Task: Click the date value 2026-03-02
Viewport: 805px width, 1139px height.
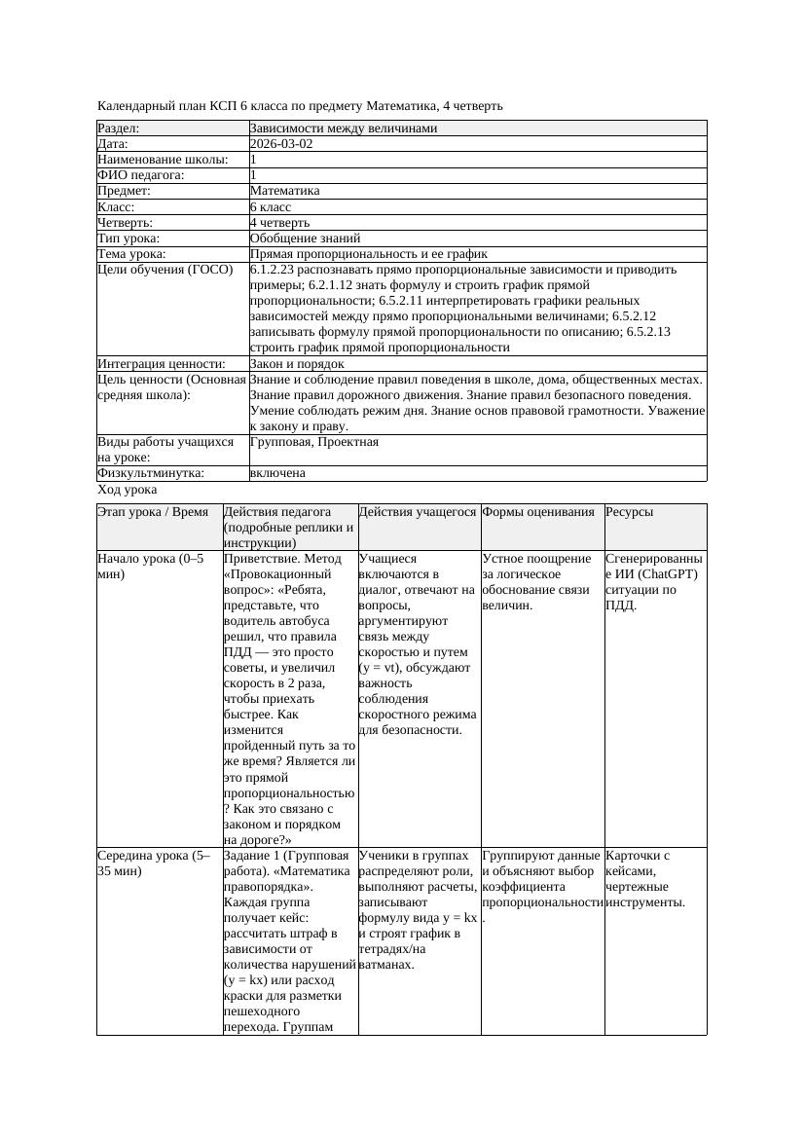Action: pyautogui.click(x=281, y=144)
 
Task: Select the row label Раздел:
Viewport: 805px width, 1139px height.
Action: pyautogui.click(x=119, y=129)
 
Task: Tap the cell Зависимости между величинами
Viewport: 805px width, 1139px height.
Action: pyautogui.click(x=344, y=129)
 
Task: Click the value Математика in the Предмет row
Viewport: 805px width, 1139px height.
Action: pyautogui.click(x=284, y=191)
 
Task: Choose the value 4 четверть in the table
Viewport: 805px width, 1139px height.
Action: pyautogui.click(x=279, y=223)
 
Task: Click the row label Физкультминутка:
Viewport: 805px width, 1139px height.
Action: pyautogui.click(x=151, y=473)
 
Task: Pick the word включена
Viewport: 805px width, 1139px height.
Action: pyautogui.click(x=277, y=473)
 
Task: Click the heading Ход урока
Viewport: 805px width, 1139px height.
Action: pyautogui.click(x=128, y=490)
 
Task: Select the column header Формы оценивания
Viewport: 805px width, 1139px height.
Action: pyautogui.click(x=538, y=512)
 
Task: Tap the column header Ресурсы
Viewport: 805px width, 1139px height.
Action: pyautogui.click(x=629, y=512)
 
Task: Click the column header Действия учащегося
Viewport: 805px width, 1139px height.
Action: pyautogui.click(x=418, y=512)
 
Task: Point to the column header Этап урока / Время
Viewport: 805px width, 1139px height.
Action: pyautogui.click(x=153, y=512)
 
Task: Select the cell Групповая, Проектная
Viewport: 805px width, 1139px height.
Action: pyautogui.click(x=313, y=442)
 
